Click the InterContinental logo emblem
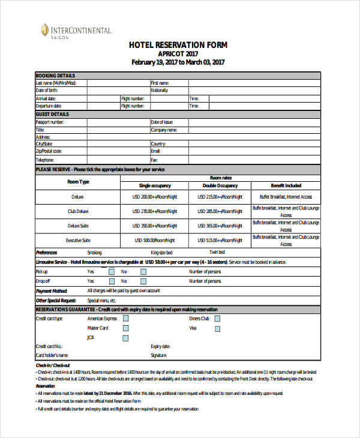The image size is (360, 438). pyautogui.click(x=45, y=29)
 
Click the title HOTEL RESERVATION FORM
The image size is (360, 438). pyautogui.click(x=179, y=45)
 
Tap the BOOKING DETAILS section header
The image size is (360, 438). pyautogui.click(x=56, y=75)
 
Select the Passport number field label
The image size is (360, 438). pyautogui.click(x=50, y=122)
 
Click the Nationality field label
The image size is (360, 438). pyautogui.click(x=160, y=90)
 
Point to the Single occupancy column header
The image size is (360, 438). pyautogui.click(x=155, y=185)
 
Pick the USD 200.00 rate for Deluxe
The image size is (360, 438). pyautogui.click(x=155, y=197)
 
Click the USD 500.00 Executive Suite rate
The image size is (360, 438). pyautogui.click(x=155, y=240)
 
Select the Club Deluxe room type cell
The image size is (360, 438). pyautogui.click(x=78, y=211)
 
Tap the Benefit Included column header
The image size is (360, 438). pyautogui.click(x=286, y=185)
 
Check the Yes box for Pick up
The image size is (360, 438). pyautogui.click(x=112, y=271)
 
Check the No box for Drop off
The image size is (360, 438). pyautogui.click(x=143, y=281)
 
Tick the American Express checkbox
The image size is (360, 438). pyautogui.click(x=125, y=319)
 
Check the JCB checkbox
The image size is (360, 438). pyautogui.click(x=125, y=337)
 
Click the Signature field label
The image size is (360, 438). pyautogui.click(x=159, y=355)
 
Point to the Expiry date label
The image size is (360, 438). pyautogui.click(x=161, y=346)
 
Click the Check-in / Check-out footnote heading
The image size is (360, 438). pyautogui.click(x=53, y=365)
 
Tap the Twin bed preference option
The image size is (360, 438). pyautogui.click(x=217, y=253)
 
